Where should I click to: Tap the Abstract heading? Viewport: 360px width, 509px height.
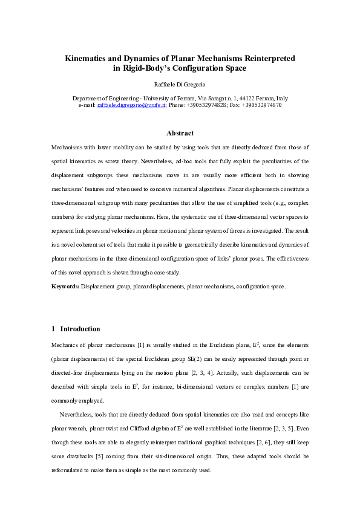tap(180, 133)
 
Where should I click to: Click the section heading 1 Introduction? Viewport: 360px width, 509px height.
tap(76, 329)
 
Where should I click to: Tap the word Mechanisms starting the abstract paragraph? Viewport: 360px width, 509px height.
tap(68, 148)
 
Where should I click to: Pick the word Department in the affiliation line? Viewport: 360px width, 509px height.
tap(88, 98)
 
